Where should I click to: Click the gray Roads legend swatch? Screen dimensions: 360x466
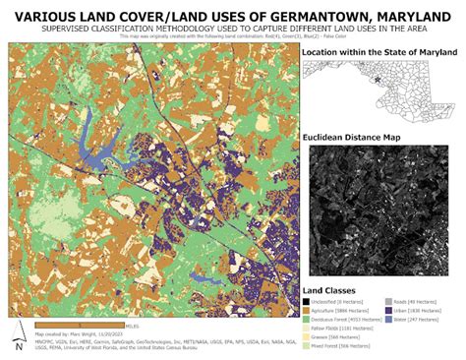[389, 302]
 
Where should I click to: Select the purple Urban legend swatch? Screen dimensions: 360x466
[389, 312]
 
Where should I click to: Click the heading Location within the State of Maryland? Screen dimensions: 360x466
[379, 50]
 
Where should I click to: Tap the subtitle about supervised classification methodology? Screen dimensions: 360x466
[232, 30]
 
